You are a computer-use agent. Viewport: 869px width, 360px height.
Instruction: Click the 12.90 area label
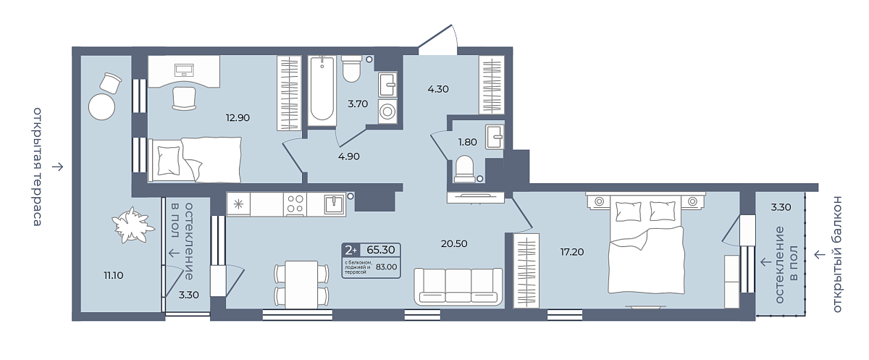click(x=238, y=117)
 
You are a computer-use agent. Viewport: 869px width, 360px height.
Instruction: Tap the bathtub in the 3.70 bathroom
click(x=322, y=91)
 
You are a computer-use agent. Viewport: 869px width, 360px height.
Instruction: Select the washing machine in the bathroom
click(x=387, y=112)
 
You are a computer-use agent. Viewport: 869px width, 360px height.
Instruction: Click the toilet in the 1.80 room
click(x=464, y=169)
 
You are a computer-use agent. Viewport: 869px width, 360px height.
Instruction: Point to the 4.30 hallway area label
click(x=438, y=89)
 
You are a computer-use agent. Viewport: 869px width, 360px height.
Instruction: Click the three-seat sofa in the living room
click(x=458, y=286)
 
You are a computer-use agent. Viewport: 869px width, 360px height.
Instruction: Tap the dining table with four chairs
click(x=301, y=285)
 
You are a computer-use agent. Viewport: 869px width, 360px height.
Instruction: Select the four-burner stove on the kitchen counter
click(x=295, y=204)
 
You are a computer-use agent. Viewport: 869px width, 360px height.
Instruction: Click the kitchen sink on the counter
click(x=334, y=204)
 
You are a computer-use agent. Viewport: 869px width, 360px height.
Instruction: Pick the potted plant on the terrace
click(x=131, y=225)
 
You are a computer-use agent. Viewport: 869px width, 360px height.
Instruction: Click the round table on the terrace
click(x=101, y=106)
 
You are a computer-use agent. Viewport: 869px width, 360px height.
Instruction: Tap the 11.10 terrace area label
click(x=113, y=275)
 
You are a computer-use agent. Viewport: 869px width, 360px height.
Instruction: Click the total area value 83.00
click(x=387, y=267)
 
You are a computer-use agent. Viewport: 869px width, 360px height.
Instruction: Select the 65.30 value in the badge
click(x=381, y=250)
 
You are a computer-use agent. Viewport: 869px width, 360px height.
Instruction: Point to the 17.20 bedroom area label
click(x=572, y=252)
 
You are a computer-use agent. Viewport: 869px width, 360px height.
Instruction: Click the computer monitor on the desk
click(x=184, y=70)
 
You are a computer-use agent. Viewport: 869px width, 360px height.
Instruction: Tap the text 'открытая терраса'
click(x=37, y=167)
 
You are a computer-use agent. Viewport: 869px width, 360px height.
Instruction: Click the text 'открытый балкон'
click(x=837, y=254)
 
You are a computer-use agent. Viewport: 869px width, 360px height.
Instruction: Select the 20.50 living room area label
click(x=454, y=243)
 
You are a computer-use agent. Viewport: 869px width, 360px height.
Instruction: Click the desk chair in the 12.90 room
click(x=183, y=99)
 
